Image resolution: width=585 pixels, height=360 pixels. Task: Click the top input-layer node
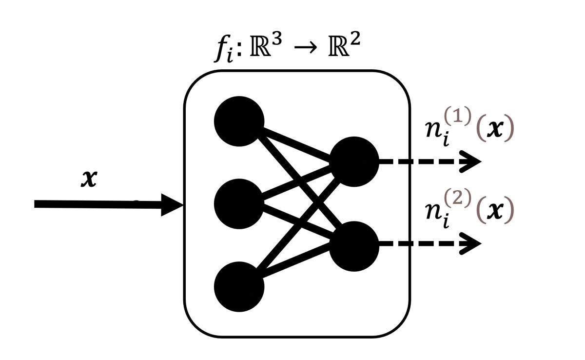(239, 121)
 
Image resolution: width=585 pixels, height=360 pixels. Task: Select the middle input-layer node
(239, 203)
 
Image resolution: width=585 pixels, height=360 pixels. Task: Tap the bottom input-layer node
(239, 286)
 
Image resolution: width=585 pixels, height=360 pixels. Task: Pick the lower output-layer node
(354, 244)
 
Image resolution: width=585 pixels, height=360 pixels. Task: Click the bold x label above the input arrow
(90, 180)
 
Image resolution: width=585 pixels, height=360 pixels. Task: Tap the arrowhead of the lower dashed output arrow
(472, 244)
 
